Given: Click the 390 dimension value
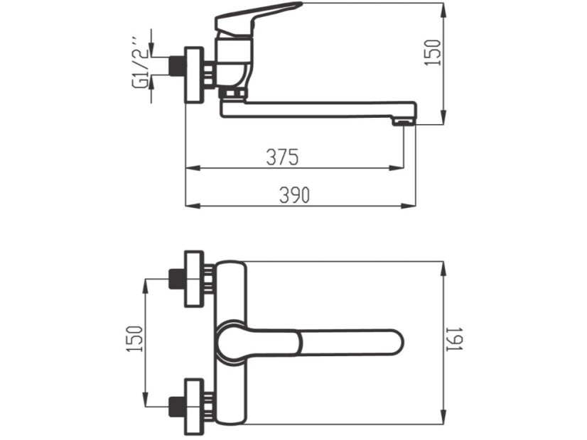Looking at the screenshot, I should pyautogui.click(x=293, y=196).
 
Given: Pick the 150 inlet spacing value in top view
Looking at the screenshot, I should pyautogui.click(x=135, y=340).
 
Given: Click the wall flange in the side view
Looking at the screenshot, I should pyautogui.click(x=194, y=75).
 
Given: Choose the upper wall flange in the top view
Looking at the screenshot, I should pyautogui.click(x=194, y=279).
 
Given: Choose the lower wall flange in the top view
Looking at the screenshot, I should pyautogui.click(x=194, y=407).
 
